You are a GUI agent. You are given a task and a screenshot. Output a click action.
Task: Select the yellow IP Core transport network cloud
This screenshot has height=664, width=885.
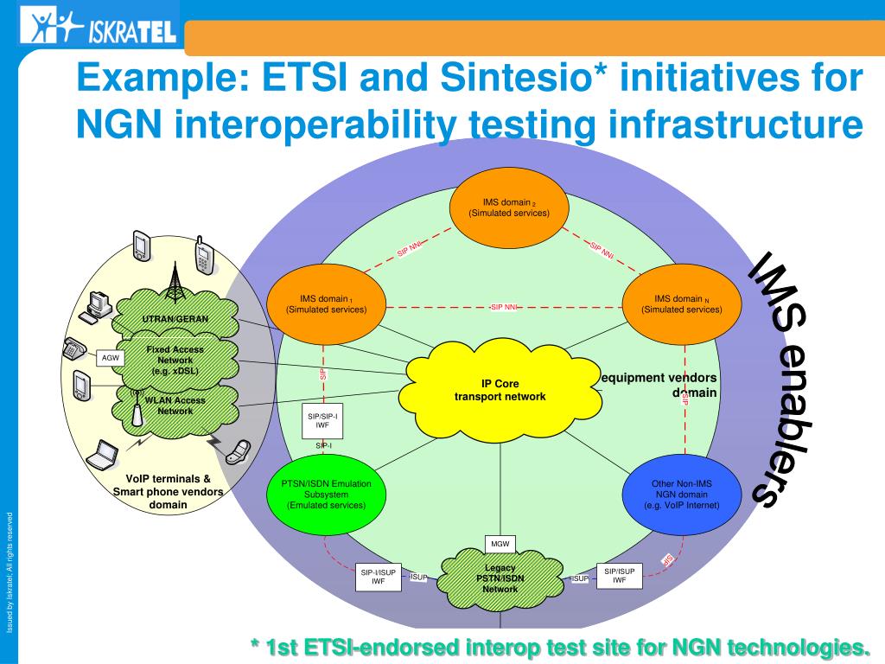[x=500, y=390]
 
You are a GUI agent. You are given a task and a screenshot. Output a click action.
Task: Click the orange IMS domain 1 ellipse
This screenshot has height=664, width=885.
[x=327, y=303]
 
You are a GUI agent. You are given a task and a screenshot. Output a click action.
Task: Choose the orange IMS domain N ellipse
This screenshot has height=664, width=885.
[x=681, y=303]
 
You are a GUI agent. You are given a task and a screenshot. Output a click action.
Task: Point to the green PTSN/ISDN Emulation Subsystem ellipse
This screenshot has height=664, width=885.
[x=326, y=494]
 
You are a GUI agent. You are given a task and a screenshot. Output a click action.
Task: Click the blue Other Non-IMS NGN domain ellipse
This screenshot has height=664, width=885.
[x=681, y=494]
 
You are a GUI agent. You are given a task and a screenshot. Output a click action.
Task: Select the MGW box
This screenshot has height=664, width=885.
[x=500, y=544]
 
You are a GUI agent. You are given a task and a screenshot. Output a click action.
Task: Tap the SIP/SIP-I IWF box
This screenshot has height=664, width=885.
[x=322, y=421]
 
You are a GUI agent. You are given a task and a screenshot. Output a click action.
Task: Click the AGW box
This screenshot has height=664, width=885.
[x=111, y=358]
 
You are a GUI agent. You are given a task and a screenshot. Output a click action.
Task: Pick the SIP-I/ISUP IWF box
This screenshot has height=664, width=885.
[x=378, y=577]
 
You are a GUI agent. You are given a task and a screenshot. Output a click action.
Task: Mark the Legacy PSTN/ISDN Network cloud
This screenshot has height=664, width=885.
[x=500, y=578]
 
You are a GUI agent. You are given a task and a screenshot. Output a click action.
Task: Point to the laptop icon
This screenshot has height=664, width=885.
[x=105, y=454]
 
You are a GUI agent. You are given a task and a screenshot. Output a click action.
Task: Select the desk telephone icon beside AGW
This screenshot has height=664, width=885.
[x=74, y=348]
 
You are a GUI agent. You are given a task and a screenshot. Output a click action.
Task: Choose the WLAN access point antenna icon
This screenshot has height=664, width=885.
[x=137, y=410]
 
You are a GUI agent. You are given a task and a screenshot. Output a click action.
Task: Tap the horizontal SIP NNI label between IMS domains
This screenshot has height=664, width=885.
[x=504, y=307]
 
